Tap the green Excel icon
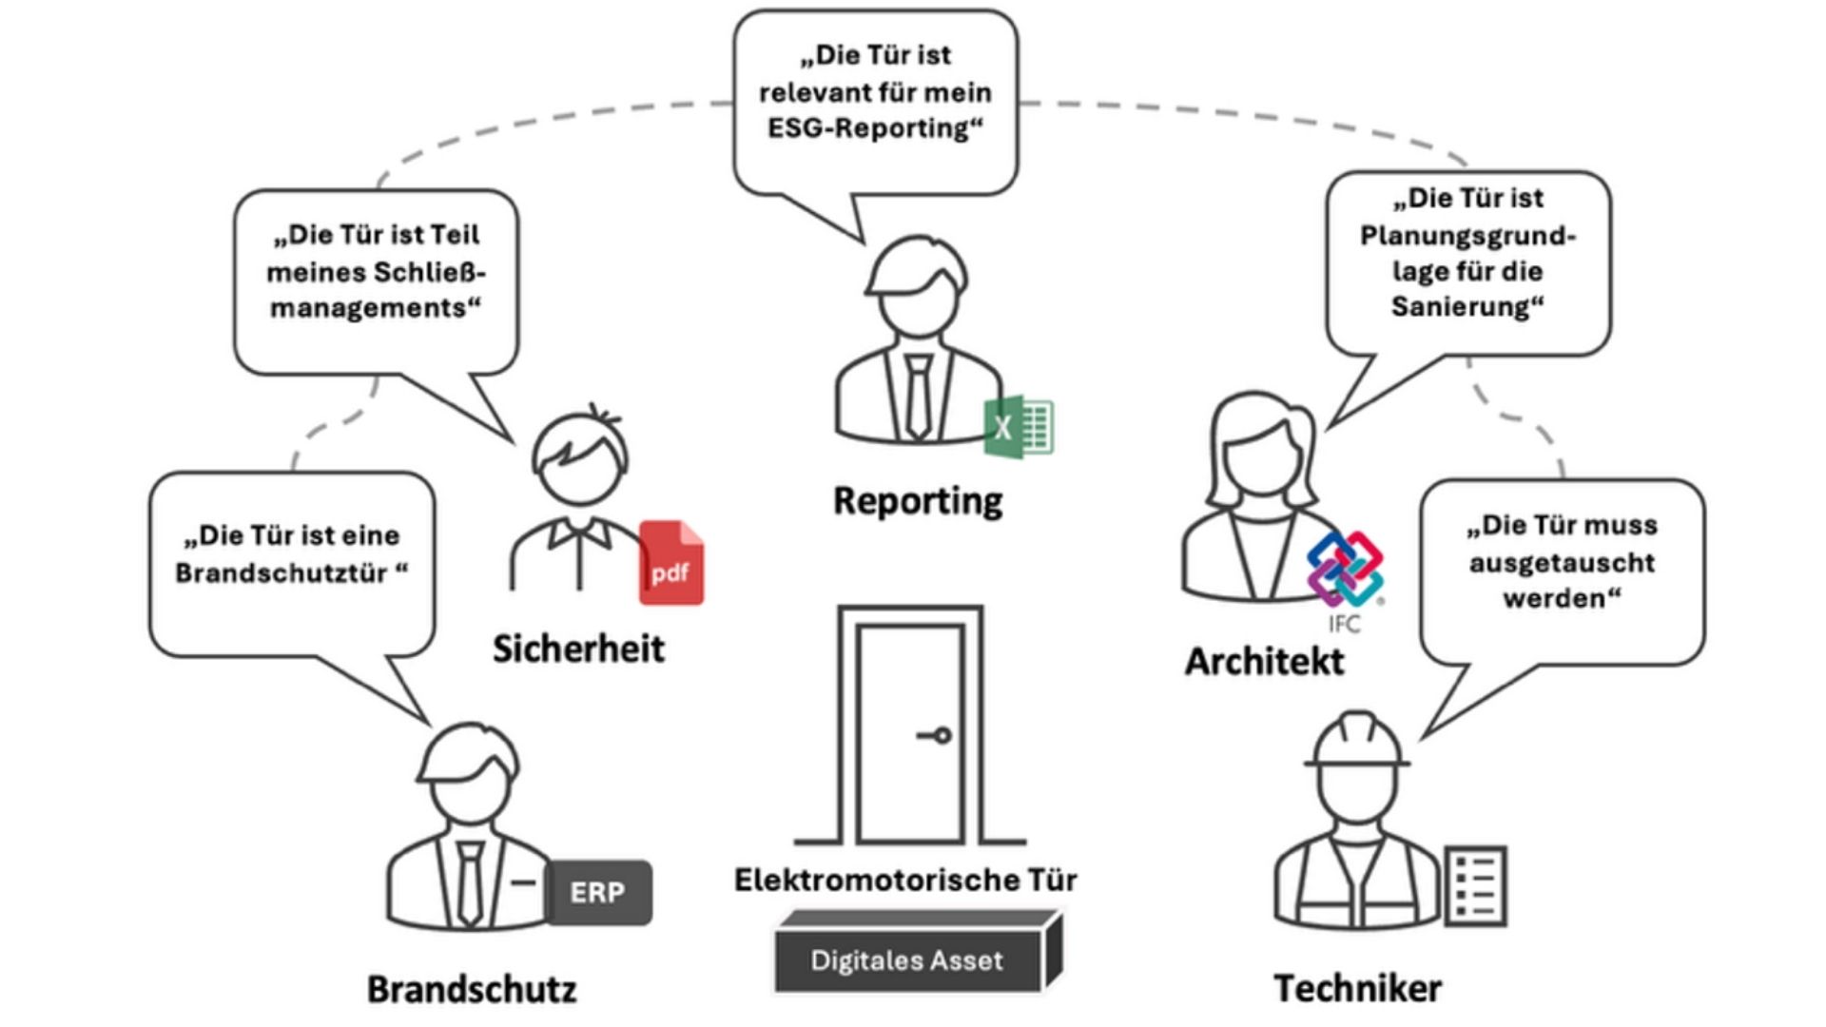point(1019,426)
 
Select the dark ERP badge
point(598,892)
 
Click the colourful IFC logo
point(1345,570)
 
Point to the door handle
point(936,735)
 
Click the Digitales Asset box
point(907,960)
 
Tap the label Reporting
point(918,501)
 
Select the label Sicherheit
point(578,649)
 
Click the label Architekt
point(1264,662)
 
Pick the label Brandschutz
point(472,989)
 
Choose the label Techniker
point(1357,989)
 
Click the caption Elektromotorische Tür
point(905,881)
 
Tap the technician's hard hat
point(1357,740)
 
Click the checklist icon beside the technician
point(1475,885)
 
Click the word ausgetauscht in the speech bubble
point(1562,563)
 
